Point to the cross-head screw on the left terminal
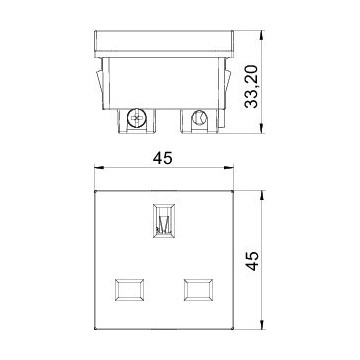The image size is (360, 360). pos(136,121)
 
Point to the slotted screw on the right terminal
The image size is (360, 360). pos(199,121)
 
